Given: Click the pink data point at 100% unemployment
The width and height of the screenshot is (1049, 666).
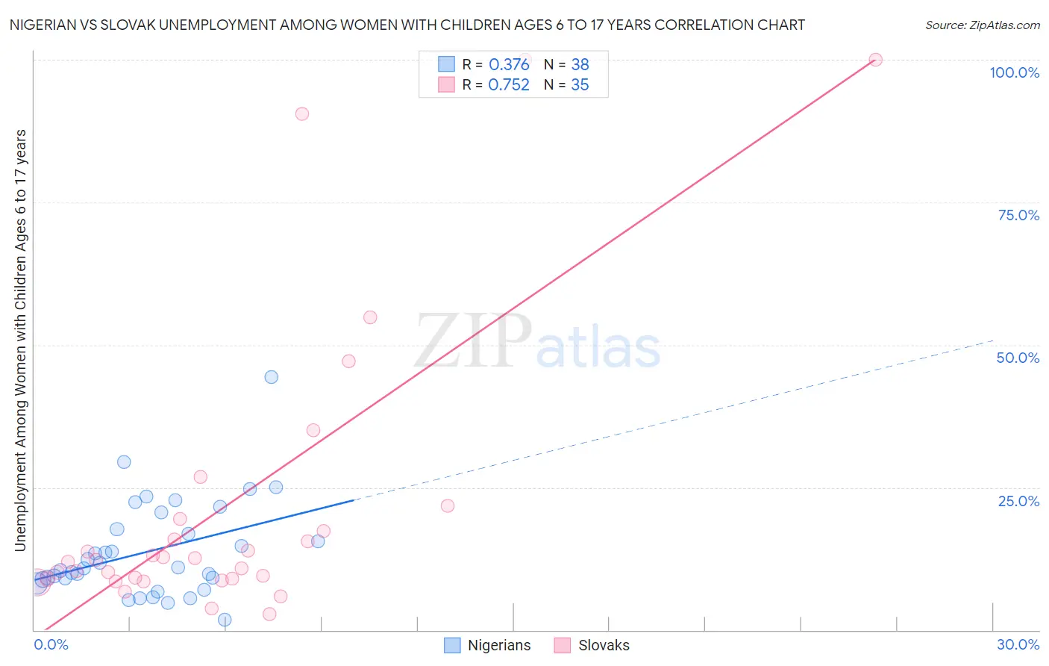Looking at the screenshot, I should click(x=876, y=60).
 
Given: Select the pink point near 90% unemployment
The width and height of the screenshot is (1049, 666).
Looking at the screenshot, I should click(x=302, y=113).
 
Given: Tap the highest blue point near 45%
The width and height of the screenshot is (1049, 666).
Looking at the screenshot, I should click(x=272, y=377).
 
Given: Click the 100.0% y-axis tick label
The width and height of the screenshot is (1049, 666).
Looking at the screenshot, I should click(x=1014, y=72).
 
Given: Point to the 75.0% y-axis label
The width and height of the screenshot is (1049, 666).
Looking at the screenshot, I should click(x=1018, y=215).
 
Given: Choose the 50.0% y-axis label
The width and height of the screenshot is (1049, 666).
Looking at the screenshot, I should click(x=1018, y=358).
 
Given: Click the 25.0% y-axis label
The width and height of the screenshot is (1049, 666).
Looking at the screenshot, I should click(x=1018, y=501).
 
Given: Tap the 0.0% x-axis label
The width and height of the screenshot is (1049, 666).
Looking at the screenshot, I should click(x=51, y=644).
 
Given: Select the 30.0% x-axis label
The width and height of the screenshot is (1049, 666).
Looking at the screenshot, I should click(x=1018, y=644).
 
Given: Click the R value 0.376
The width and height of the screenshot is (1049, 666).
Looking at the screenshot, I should click(x=509, y=65).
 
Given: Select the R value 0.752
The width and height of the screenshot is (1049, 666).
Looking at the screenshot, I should click(x=509, y=85).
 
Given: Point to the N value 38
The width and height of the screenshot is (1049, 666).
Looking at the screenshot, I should click(x=580, y=65).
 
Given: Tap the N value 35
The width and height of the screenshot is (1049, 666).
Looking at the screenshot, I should click(x=580, y=85).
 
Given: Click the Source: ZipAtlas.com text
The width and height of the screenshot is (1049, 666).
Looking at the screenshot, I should click(x=982, y=25).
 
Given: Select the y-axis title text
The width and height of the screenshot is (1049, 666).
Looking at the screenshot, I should click(x=21, y=340).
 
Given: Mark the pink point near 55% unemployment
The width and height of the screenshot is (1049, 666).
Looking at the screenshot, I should click(x=370, y=317).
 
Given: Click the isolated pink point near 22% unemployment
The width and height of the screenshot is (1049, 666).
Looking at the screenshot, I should click(x=448, y=505).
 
